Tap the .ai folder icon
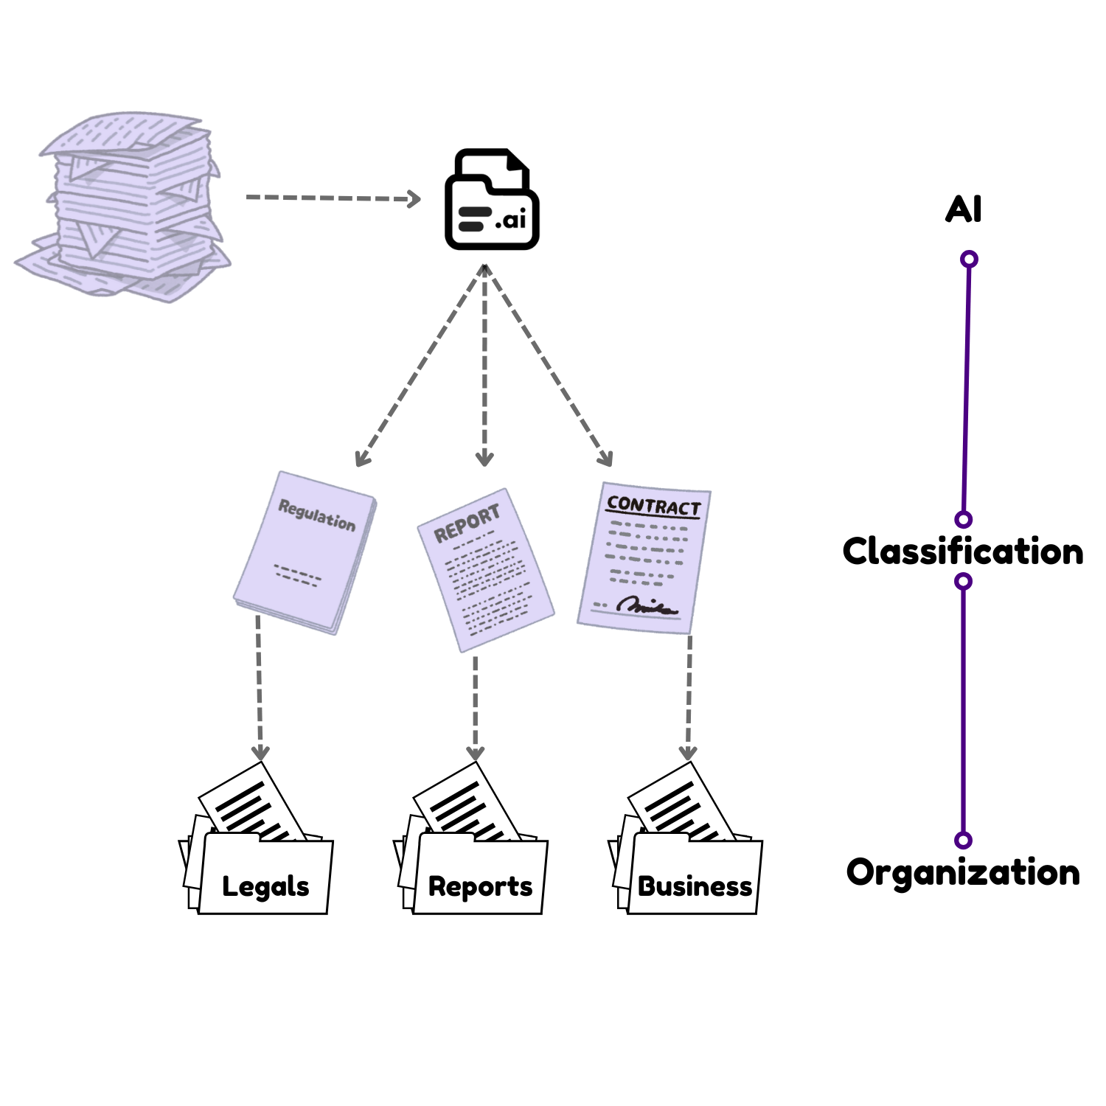(492, 201)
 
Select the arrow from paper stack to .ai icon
(332, 198)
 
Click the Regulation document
(305, 552)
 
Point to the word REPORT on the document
(467, 523)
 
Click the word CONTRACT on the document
(653, 506)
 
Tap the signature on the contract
(647, 606)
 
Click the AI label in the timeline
(964, 209)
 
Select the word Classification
(963, 552)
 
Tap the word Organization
(963, 872)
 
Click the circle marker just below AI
(970, 259)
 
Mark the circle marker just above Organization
(963, 840)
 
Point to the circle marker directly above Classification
(964, 519)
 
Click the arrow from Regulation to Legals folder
(259, 686)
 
